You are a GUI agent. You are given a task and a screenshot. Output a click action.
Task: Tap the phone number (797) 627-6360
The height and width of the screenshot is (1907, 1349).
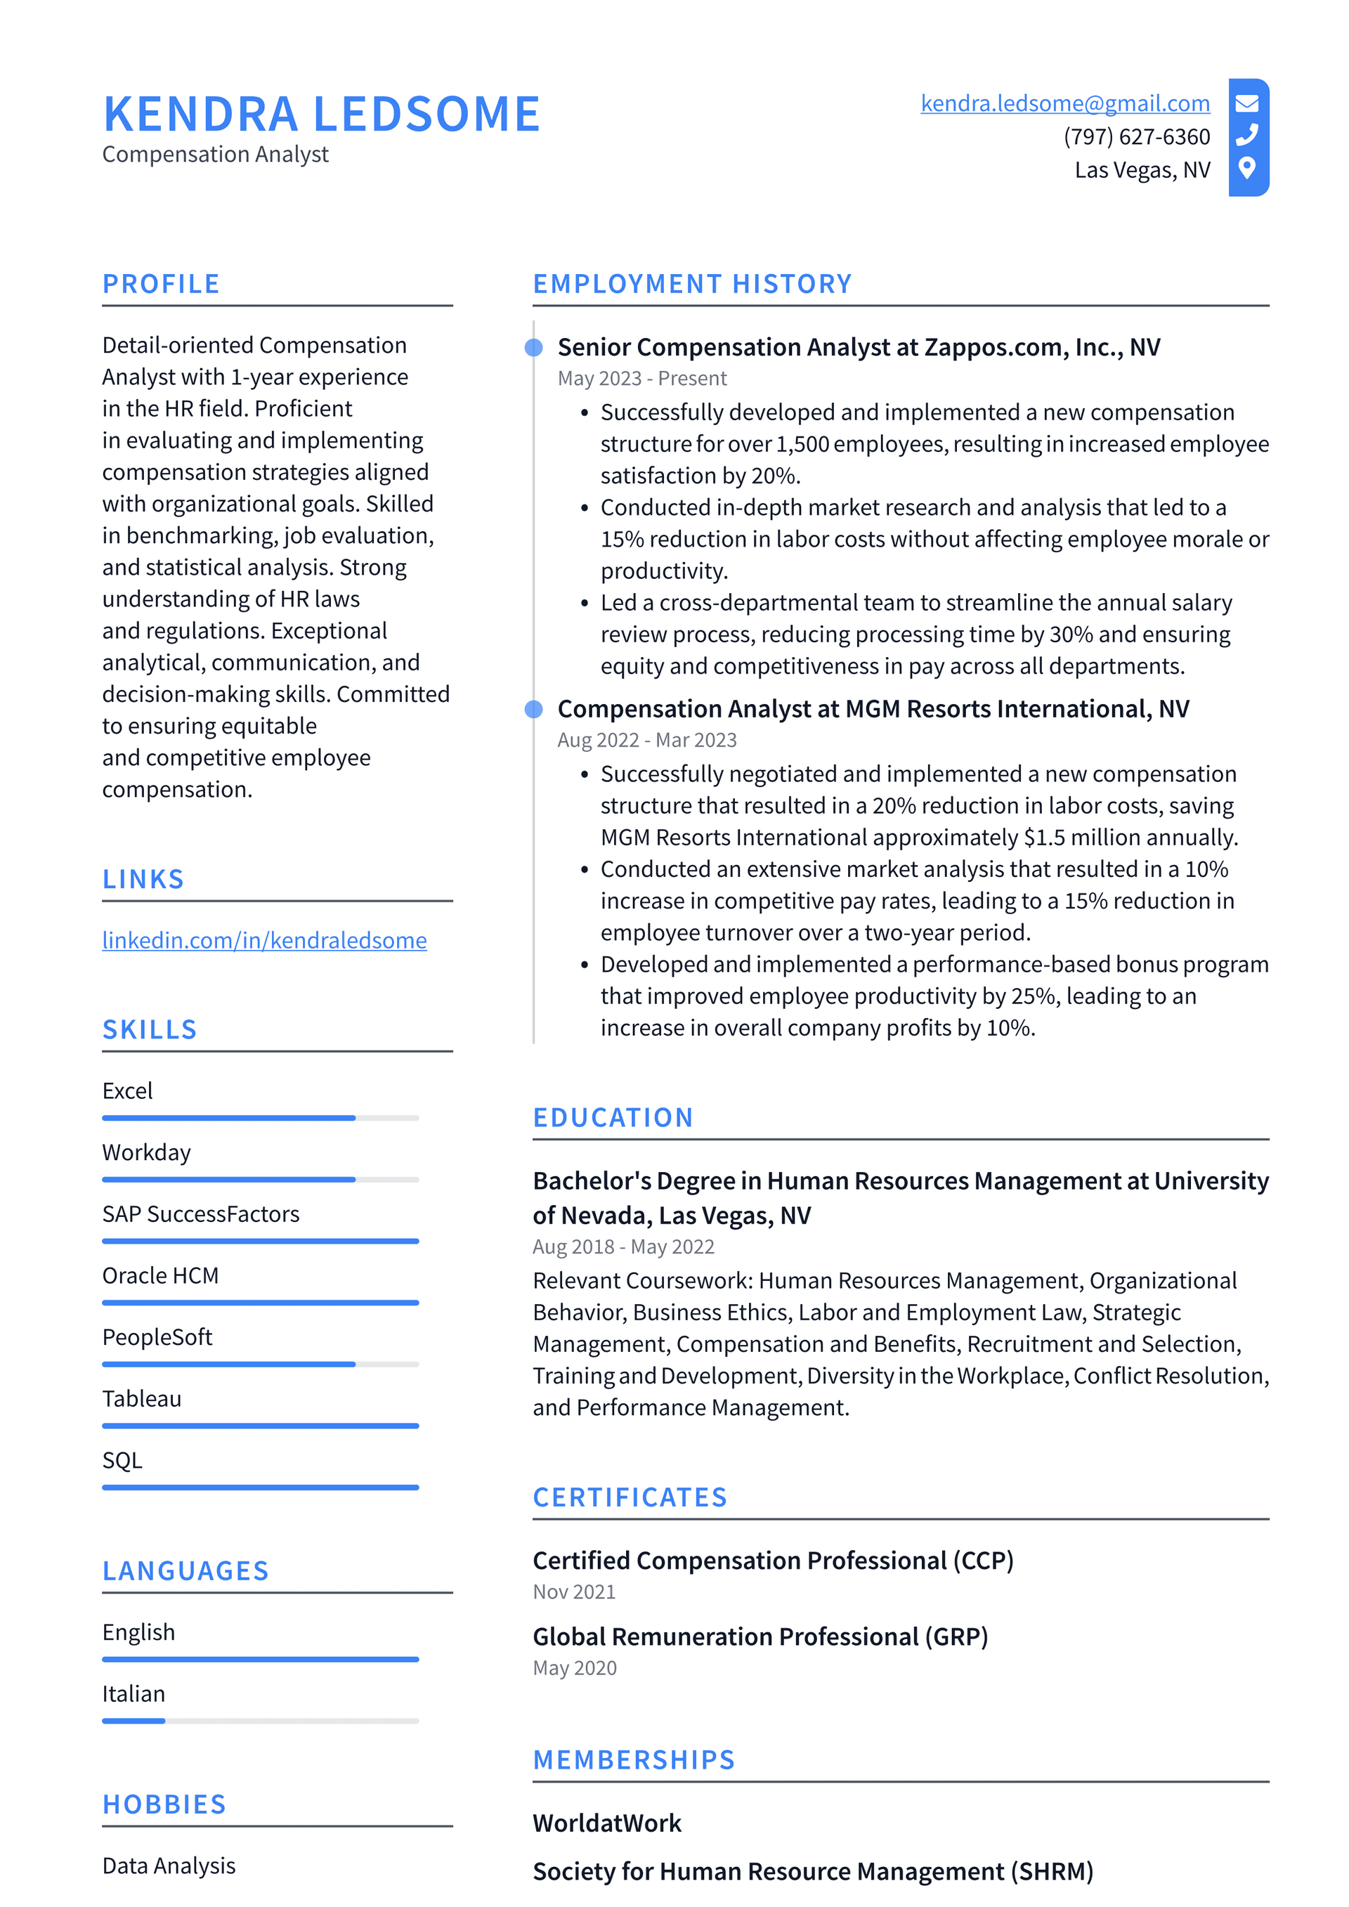point(1135,136)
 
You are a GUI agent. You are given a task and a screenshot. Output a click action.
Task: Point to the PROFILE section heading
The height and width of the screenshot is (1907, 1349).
point(161,284)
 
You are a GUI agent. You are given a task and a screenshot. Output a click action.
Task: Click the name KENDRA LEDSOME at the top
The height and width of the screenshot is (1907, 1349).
point(322,114)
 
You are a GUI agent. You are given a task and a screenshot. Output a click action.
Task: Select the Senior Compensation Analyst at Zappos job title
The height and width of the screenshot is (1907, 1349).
point(858,347)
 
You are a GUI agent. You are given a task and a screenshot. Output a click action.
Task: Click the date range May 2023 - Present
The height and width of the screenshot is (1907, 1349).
point(641,379)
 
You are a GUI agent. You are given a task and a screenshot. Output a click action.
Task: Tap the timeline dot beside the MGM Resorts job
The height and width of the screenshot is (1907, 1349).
point(534,708)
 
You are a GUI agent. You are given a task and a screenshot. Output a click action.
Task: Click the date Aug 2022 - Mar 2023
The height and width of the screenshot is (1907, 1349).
point(646,740)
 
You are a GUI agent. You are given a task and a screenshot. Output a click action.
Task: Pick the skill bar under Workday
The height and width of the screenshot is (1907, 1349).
point(260,1180)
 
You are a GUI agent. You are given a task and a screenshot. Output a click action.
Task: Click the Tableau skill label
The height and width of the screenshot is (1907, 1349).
point(142,1399)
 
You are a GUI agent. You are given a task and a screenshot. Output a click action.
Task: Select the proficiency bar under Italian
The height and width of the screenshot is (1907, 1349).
point(260,1721)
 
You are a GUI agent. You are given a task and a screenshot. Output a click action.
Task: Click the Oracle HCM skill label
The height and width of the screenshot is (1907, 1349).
point(160,1276)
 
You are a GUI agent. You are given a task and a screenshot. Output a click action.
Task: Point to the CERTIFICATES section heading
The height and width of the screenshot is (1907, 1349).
point(630,1497)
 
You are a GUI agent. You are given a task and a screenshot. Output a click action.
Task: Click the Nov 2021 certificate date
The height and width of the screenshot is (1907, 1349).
point(574,1592)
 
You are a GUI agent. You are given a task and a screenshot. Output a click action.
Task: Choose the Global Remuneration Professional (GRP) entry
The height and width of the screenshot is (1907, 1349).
point(760,1636)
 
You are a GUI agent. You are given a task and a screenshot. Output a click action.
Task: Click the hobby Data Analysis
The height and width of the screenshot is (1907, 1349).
point(169,1866)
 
